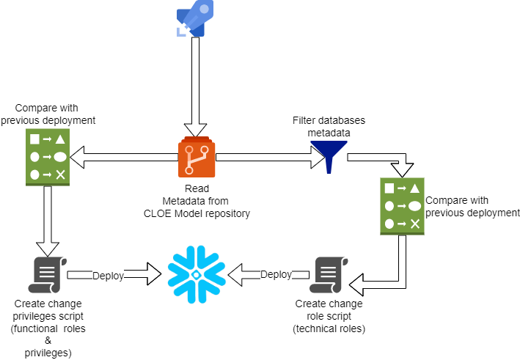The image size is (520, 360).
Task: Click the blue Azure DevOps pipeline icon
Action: coord(194,18)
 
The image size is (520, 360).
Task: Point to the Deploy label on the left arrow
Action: coord(108,276)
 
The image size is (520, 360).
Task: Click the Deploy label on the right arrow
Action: coord(276,275)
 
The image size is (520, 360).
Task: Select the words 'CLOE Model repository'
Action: coord(197,213)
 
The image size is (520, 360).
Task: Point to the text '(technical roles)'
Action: coord(329,329)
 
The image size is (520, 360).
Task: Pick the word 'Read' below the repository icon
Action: coord(197,188)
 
